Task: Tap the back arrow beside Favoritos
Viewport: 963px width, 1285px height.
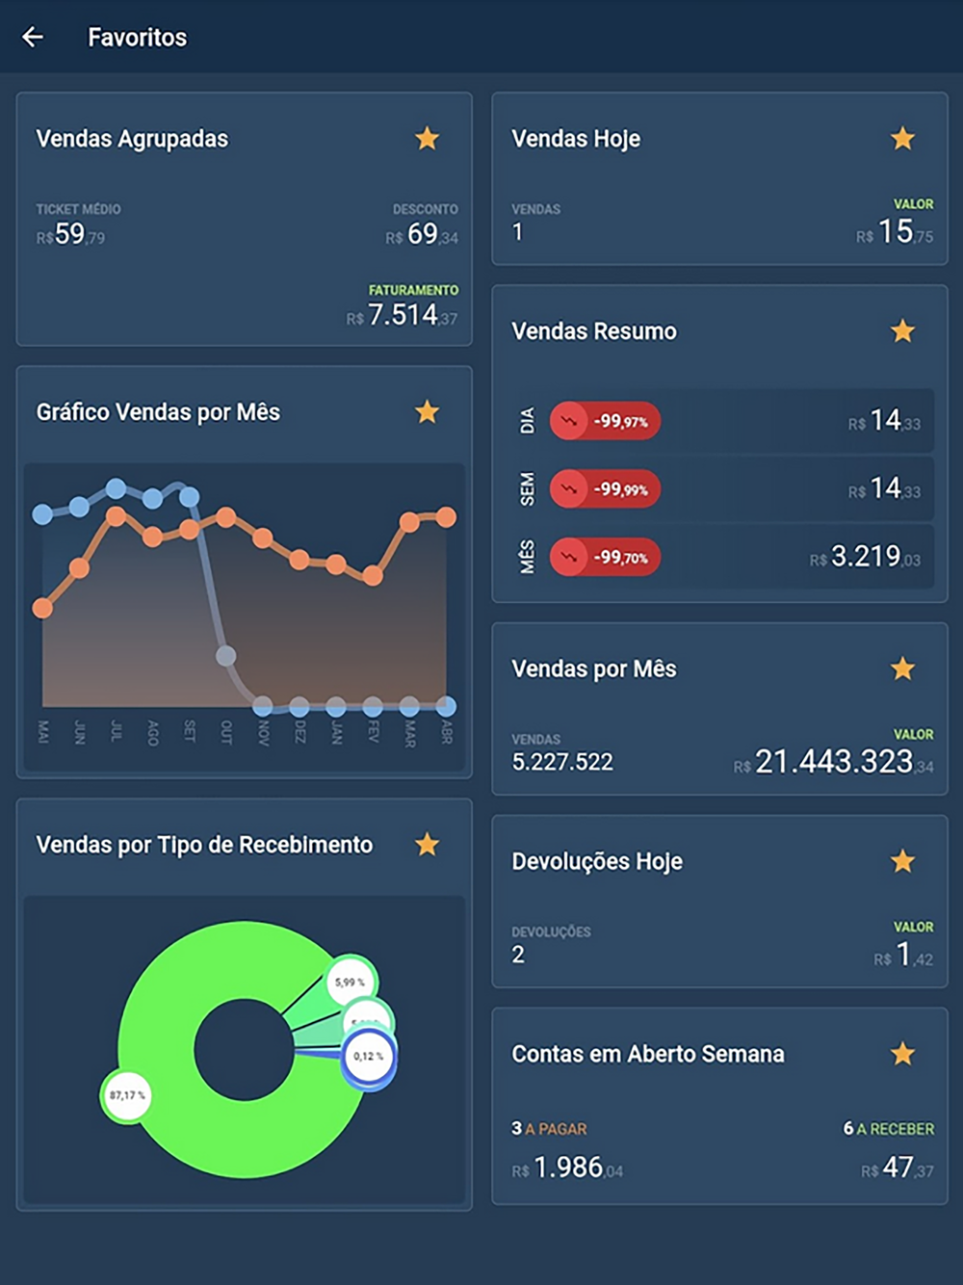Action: (33, 38)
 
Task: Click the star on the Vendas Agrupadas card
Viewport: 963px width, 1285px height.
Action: (427, 139)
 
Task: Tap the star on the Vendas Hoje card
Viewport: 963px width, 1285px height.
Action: (902, 139)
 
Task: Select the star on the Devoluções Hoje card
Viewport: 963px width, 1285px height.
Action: (902, 861)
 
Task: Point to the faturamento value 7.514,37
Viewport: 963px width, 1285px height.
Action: (403, 315)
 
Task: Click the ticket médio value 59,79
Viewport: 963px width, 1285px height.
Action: (70, 234)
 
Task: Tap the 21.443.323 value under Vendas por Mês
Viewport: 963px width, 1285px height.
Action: (834, 762)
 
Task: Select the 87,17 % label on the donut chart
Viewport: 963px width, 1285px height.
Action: (127, 1095)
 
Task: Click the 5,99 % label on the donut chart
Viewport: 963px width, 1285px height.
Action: (350, 983)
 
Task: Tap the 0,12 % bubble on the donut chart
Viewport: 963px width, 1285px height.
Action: (368, 1057)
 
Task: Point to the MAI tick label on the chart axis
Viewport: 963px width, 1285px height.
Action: (42, 731)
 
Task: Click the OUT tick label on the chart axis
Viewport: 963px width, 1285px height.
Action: (225, 731)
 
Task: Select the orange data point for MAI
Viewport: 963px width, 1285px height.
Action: (42, 608)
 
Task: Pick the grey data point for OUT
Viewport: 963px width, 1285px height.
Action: (225, 656)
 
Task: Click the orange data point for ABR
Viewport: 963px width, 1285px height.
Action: (446, 517)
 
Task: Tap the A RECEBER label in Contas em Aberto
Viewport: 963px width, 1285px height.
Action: (895, 1129)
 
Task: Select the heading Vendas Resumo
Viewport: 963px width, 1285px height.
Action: (594, 331)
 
